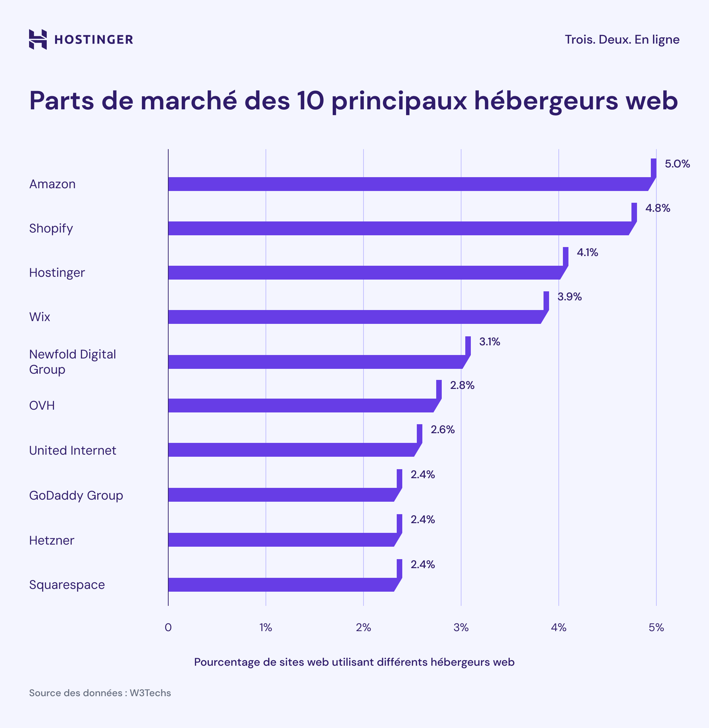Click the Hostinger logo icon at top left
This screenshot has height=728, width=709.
pyautogui.click(x=38, y=39)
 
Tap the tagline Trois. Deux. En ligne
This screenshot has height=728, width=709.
pyautogui.click(x=621, y=39)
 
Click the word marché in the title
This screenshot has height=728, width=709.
pyautogui.click(x=188, y=101)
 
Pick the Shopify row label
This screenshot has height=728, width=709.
pyautogui.click(x=51, y=228)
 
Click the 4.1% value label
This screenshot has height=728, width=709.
pyautogui.click(x=587, y=253)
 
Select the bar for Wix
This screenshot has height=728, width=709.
pyautogui.click(x=354, y=317)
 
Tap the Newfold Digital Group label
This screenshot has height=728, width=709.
pyautogui.click(x=72, y=361)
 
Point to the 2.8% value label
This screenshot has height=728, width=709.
pyautogui.click(x=462, y=385)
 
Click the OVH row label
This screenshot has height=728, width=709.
pyautogui.click(x=42, y=405)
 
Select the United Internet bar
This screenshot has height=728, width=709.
pyautogui.click(x=290, y=450)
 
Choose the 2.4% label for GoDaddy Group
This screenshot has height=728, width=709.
pyautogui.click(x=422, y=474)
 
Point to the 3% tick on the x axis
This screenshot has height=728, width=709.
pyautogui.click(x=461, y=628)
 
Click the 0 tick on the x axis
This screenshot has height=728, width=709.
pyautogui.click(x=168, y=628)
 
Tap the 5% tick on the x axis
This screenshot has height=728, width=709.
pyautogui.click(x=656, y=628)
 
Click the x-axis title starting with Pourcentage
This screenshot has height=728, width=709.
pyautogui.click(x=354, y=662)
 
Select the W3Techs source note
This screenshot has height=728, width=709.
pyautogui.click(x=100, y=693)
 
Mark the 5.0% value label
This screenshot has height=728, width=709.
pyautogui.click(x=677, y=164)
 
